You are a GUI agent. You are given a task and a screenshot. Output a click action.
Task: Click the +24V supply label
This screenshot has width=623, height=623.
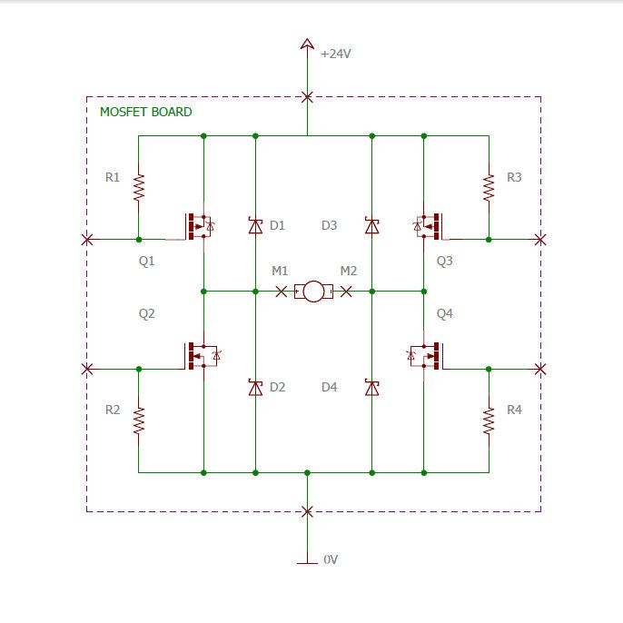[x=336, y=54]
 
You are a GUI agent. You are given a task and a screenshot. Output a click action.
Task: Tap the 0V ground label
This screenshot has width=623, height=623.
[x=331, y=559]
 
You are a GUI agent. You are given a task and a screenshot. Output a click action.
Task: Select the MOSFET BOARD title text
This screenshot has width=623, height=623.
[x=146, y=112]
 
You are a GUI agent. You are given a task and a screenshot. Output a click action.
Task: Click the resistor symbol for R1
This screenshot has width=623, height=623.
[x=139, y=187]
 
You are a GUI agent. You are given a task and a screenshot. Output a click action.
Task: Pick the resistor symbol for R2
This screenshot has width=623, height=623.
[x=139, y=420]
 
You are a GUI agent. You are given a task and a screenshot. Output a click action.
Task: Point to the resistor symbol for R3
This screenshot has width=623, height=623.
[x=489, y=187]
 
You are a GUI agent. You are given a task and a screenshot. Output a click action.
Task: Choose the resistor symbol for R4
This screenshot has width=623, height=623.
[x=489, y=420]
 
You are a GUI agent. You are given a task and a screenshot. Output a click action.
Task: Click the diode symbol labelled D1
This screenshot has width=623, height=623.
[x=255, y=225]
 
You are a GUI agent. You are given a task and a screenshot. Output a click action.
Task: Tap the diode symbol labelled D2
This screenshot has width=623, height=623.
[x=255, y=388]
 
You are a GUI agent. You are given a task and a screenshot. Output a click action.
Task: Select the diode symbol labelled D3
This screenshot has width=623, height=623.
[x=372, y=225]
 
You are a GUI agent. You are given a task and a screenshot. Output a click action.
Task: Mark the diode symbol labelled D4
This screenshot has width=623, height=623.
[x=372, y=388]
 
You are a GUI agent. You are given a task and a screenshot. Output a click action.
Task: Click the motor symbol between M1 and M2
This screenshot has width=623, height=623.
[x=313, y=292]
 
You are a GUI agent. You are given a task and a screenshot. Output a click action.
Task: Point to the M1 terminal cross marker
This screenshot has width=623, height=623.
[x=281, y=292]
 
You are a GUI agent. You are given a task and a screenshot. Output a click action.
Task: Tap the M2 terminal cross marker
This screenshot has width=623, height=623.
[x=346, y=292]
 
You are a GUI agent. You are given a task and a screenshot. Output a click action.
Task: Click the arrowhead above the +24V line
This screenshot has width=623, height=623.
[x=307, y=44]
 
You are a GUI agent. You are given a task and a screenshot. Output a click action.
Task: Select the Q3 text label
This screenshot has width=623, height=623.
[x=445, y=261]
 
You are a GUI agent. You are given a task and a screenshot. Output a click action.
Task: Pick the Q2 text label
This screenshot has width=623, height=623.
[x=146, y=314]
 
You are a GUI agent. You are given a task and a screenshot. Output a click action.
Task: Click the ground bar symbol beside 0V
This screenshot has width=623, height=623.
[x=307, y=563]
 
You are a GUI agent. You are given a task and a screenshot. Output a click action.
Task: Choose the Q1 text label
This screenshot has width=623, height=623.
[x=146, y=261]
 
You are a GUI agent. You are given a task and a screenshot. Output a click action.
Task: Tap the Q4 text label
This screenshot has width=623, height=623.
[x=445, y=314]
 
